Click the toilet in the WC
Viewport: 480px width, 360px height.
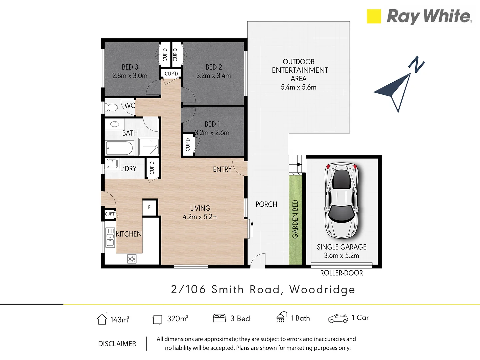coord(111,108)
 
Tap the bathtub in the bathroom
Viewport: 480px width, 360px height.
coord(119,148)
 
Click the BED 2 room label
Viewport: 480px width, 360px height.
coord(214,67)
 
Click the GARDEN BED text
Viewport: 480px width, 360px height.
coord(295,219)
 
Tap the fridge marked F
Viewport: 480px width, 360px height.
coord(149,207)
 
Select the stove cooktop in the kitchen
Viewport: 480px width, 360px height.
coord(132,259)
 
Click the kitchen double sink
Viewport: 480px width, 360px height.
coord(110,237)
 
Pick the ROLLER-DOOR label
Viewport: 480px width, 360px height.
coord(341,273)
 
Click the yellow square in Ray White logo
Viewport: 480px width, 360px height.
coord(374,16)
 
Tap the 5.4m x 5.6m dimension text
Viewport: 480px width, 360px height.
coord(298,87)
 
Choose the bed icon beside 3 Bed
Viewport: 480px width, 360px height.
coord(219,318)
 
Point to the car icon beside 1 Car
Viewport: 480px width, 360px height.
coord(338,318)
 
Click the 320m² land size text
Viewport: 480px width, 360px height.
coord(177,319)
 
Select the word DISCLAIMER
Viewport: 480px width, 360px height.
coord(117,344)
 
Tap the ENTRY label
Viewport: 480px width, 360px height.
coord(222,169)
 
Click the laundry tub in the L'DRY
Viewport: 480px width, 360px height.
coord(112,164)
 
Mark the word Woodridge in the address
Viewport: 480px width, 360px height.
coord(322,290)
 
